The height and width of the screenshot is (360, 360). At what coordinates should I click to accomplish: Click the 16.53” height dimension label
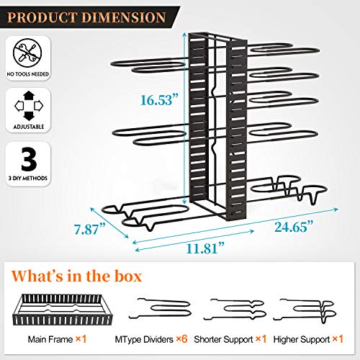pyautogui.click(x=159, y=100)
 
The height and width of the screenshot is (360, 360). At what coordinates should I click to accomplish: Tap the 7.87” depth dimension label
pyautogui.click(x=90, y=229)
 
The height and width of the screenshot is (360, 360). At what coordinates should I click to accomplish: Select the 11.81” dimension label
pyautogui.click(x=205, y=248)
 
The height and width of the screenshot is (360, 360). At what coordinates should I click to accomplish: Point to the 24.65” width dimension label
pyautogui.click(x=294, y=227)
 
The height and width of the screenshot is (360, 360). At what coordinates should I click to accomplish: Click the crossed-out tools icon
pyautogui.click(x=27, y=53)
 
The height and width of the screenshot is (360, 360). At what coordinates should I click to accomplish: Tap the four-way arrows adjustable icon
pyautogui.click(x=29, y=106)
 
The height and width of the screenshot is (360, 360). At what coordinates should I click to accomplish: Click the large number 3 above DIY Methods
pyautogui.click(x=29, y=159)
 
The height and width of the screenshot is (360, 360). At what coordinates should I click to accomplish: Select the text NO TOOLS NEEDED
pyautogui.click(x=28, y=74)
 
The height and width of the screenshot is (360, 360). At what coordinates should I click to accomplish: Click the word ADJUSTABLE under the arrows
pyautogui.click(x=29, y=127)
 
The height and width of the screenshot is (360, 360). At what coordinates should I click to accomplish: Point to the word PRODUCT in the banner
pyautogui.click(x=41, y=17)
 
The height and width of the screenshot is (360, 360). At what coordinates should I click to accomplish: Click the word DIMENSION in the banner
pyautogui.click(x=124, y=17)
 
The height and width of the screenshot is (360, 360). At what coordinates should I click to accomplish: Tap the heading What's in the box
pyautogui.click(x=77, y=276)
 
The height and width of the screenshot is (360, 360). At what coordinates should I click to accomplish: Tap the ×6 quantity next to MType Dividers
pyautogui.click(x=181, y=339)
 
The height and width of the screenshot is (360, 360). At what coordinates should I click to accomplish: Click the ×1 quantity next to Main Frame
pyautogui.click(x=81, y=339)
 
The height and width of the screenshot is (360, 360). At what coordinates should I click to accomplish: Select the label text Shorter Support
pyautogui.click(x=223, y=340)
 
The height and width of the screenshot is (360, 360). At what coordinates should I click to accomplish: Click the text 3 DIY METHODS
pyautogui.click(x=28, y=179)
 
